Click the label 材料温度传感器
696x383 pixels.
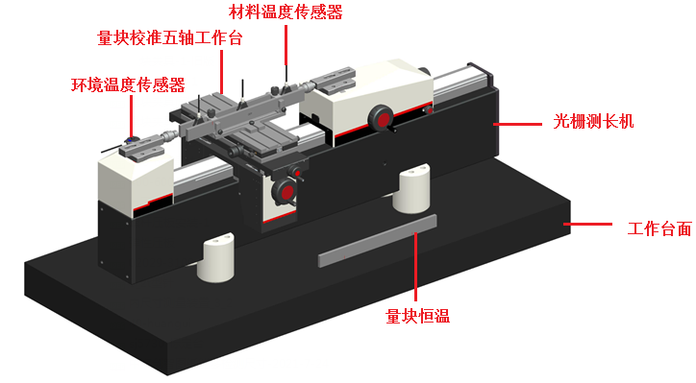coord(286,12)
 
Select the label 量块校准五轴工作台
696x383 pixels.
coord(170,37)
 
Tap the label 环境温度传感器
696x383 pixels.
coord(128,84)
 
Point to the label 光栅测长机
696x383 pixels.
coord(593,121)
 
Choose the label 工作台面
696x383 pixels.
coord(659,228)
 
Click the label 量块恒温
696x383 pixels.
coord(417,316)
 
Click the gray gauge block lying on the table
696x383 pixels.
coord(377,241)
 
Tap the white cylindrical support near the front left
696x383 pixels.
coord(215,257)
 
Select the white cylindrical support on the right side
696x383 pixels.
coord(411,188)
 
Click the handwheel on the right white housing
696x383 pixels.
coord(381,119)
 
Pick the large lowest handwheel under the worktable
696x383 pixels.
coord(285,193)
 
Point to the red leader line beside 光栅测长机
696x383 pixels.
coord(517,124)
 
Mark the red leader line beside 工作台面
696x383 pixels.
coord(587,225)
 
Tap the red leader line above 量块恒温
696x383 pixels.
coord(416,267)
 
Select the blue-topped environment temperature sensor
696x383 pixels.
coord(130,140)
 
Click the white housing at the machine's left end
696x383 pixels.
coord(136,181)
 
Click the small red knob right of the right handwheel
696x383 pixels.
coord(429,109)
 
